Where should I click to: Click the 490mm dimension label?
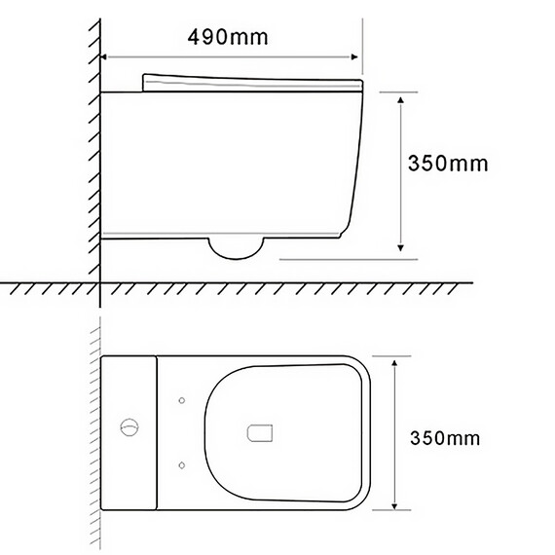pos(228,37)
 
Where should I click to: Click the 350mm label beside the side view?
pos(448,164)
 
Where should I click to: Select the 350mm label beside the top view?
pos(445,438)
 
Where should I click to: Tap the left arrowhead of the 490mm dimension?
pos(104,57)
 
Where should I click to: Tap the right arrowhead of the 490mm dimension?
pos(354,57)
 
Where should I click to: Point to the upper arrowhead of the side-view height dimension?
pos(400,100)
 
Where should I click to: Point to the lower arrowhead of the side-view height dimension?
pos(400,247)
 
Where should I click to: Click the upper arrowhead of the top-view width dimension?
pos(394,362)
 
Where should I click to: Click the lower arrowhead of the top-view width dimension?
pos(394,505)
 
